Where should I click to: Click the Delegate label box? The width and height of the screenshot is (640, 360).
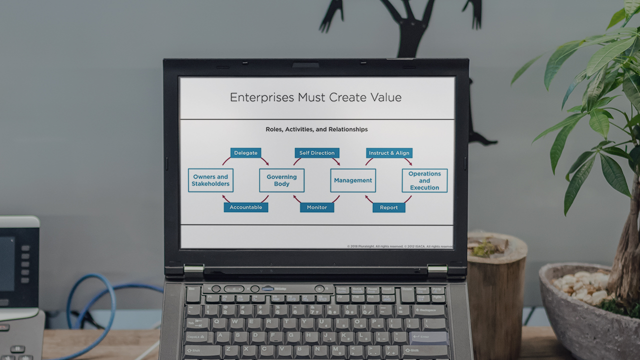245,153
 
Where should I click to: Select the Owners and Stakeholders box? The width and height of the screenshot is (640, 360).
210,180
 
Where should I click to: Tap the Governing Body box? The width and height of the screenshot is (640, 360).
281,180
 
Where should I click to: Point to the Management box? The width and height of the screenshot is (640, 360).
353,180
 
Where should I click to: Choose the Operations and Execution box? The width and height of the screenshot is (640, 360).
424,180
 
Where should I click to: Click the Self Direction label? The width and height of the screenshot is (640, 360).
316,153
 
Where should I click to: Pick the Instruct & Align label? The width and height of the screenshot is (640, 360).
389,153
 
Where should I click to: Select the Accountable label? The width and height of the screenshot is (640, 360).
245,207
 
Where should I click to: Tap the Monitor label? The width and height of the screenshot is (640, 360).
316,207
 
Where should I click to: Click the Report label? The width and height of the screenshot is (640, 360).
388,207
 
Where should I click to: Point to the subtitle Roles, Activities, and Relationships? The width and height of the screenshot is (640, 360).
316,129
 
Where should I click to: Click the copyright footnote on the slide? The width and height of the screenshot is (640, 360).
400,246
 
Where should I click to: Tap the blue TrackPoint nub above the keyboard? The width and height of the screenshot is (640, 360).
267,288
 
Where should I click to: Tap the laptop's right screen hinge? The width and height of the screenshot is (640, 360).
436,269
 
